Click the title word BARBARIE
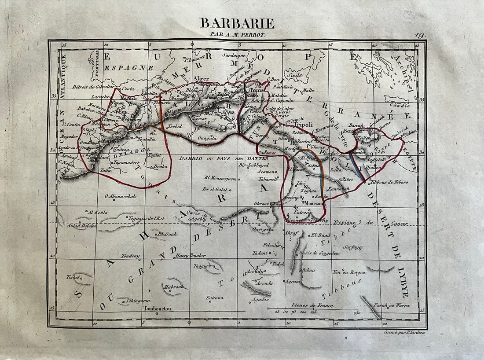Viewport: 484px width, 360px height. (237, 23)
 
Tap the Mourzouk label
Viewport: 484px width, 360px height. (313, 203)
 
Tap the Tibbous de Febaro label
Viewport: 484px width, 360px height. (389, 182)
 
